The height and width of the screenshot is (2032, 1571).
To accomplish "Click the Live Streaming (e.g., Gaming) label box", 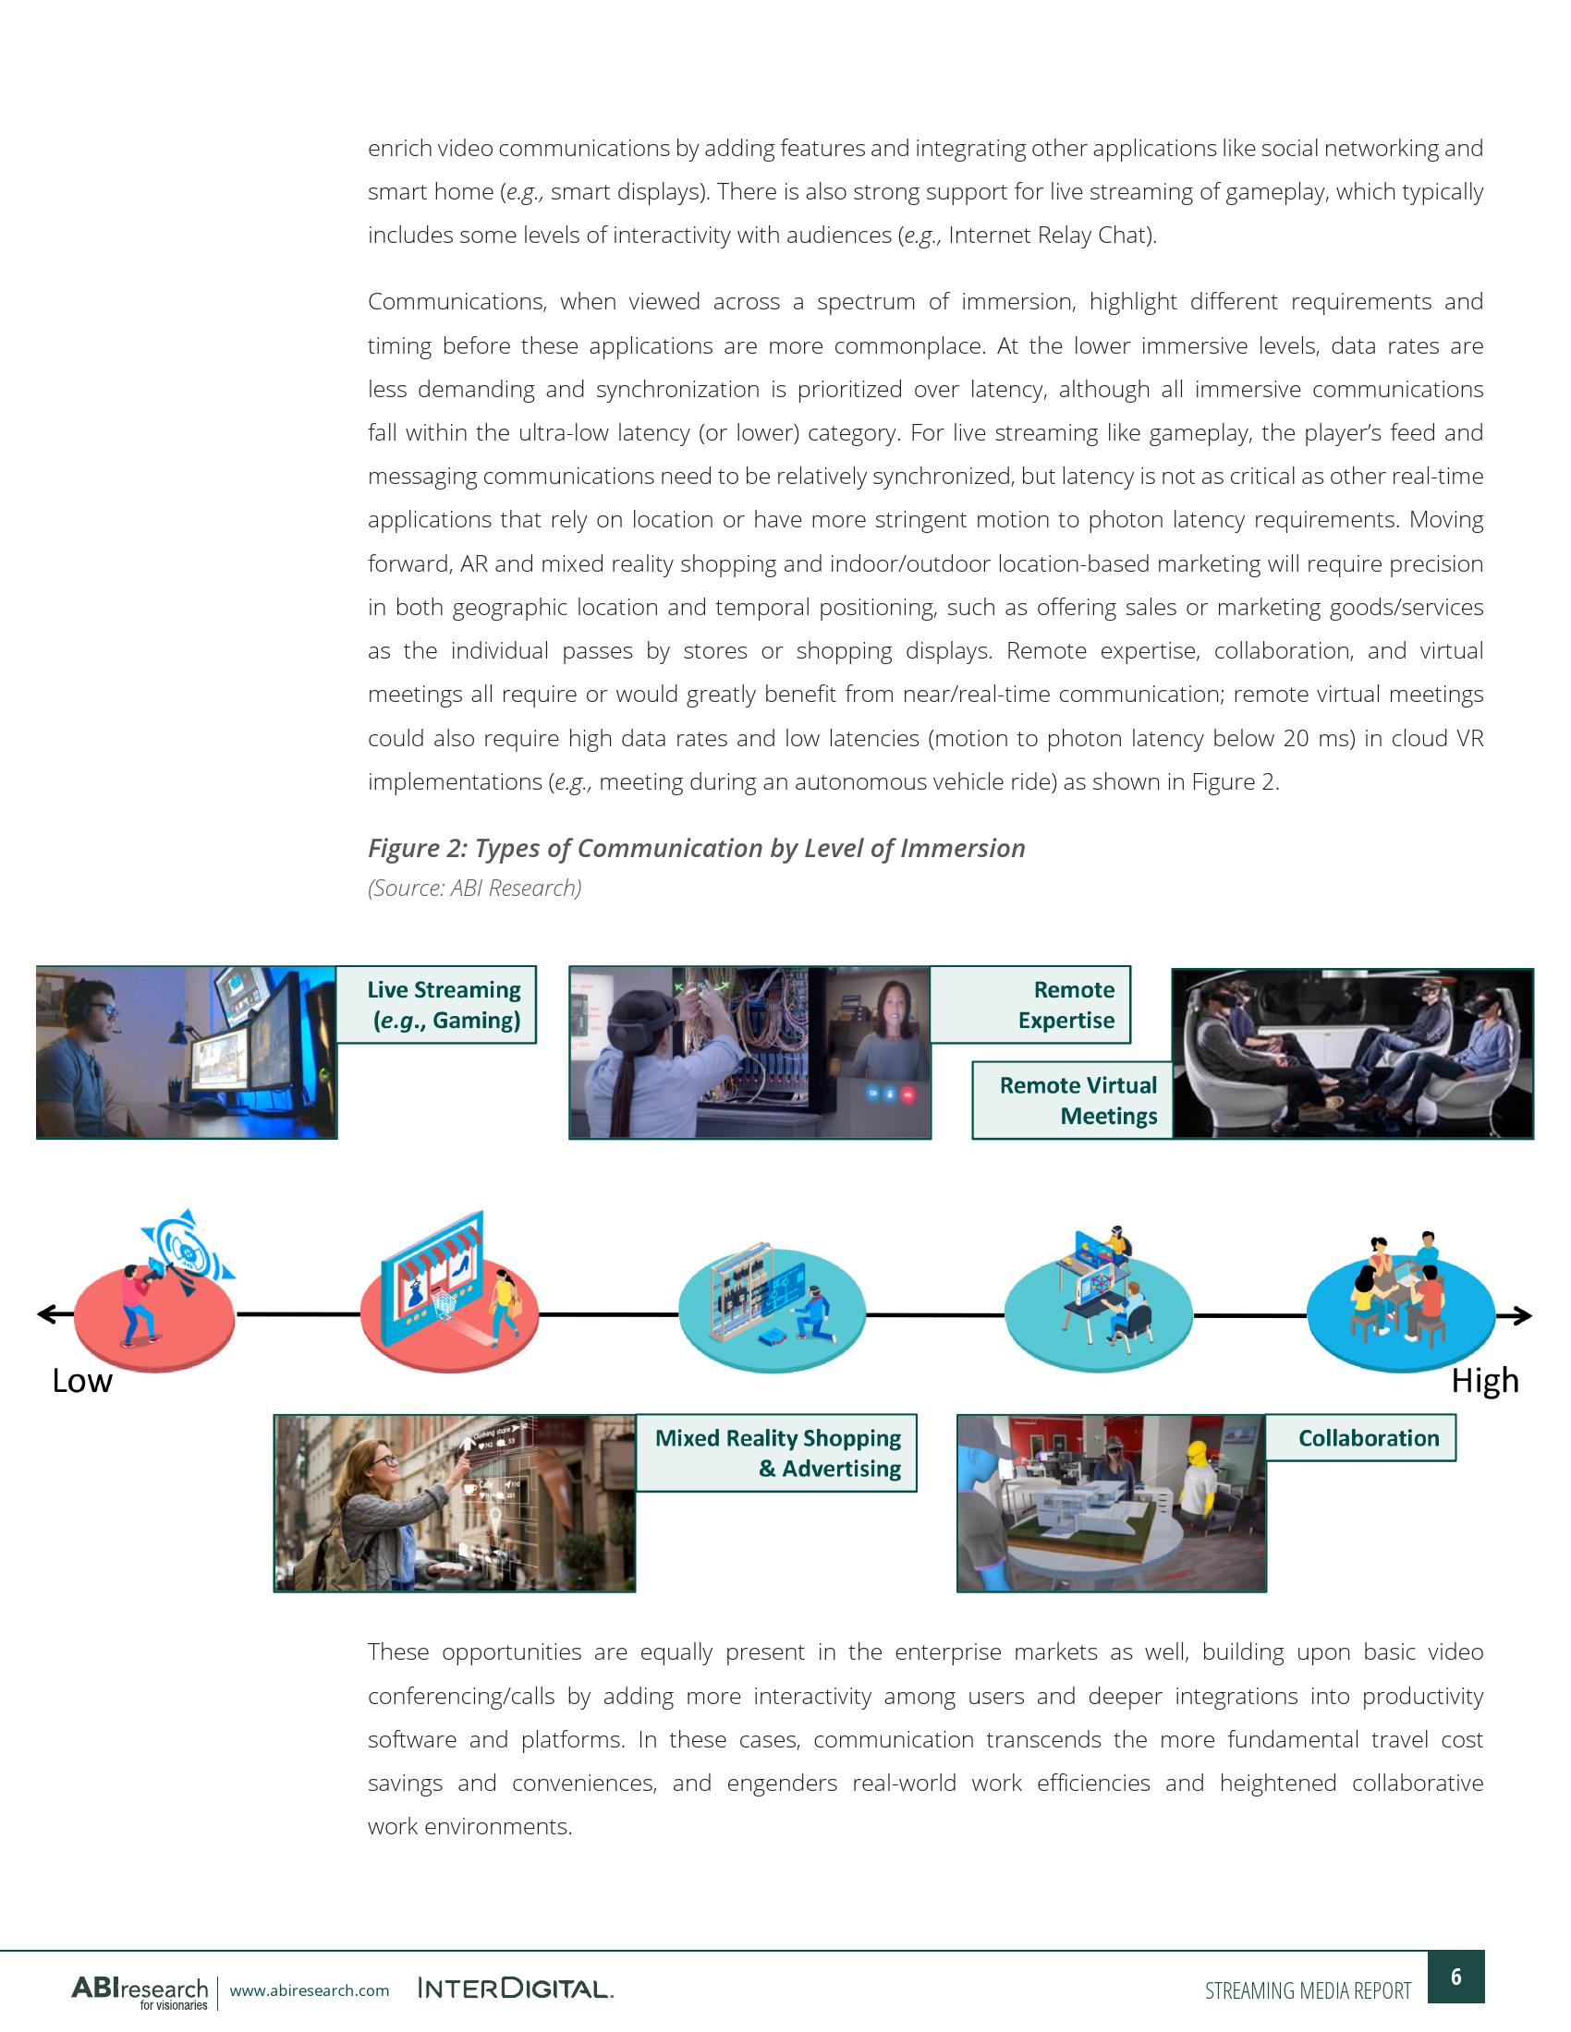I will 435,1005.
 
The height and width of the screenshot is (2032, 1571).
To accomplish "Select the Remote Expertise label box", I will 1030,1005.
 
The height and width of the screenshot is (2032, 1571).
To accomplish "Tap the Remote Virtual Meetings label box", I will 1072,1101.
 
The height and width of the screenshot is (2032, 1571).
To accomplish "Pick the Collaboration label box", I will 1359,1438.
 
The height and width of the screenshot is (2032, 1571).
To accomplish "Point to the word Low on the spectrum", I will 82,1381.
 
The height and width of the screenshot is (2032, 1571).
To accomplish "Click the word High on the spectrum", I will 1484,1381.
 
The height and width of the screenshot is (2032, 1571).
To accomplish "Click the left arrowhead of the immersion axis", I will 44,1313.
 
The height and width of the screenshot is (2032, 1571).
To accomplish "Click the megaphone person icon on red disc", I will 154,1293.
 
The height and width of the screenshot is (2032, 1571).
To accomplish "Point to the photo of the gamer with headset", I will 186,1052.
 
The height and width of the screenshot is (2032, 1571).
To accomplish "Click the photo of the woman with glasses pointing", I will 454,1503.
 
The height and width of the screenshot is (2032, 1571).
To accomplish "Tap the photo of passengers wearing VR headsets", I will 1351,1053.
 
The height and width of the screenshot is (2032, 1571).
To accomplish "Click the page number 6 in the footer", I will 1455,1977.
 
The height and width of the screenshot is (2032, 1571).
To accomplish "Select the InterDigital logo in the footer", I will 516,1990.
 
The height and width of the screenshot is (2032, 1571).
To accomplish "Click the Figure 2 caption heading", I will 696,849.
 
